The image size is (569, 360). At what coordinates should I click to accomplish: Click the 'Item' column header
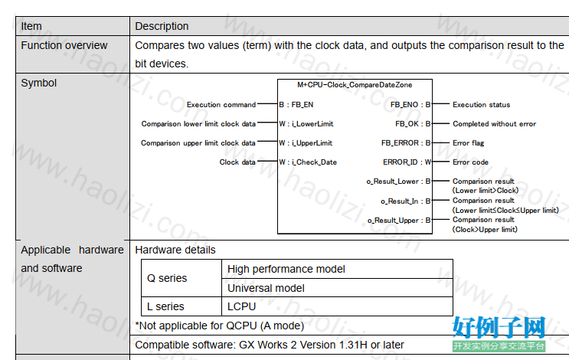[x=31, y=26]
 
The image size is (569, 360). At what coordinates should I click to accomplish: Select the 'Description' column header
[x=162, y=26]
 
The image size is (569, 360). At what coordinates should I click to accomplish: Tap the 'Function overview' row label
[x=64, y=45]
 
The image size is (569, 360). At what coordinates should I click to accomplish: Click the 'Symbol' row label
[x=39, y=83]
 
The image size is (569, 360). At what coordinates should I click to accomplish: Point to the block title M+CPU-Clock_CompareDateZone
[x=355, y=85]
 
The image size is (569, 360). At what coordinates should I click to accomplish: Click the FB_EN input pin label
[x=296, y=104]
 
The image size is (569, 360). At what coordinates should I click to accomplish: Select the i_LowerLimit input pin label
[x=306, y=124]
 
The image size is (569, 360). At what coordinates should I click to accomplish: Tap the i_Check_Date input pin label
[x=308, y=162]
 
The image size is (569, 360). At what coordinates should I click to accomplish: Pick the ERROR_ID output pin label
[x=407, y=162]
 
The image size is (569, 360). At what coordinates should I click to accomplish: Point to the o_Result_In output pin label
[x=406, y=201]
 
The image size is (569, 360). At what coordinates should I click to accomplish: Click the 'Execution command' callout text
[x=221, y=104]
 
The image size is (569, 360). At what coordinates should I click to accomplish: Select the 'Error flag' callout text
[x=468, y=143]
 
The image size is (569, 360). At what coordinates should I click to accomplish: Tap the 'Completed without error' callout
[x=494, y=124]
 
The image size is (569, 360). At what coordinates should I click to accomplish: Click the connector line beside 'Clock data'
[x=267, y=161]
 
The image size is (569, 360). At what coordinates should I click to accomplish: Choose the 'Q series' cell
[x=167, y=278]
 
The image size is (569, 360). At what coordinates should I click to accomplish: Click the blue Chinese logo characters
[x=499, y=327]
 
